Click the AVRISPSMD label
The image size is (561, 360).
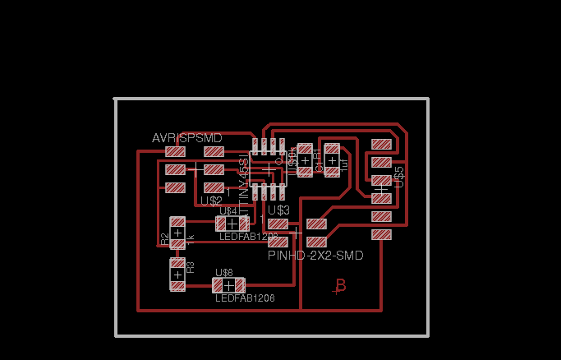pyautogui.click(x=186, y=137)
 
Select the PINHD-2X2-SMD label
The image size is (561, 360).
pyautogui.click(x=315, y=256)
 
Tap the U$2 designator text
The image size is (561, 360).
pyautogui.click(x=211, y=200)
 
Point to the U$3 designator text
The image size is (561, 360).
pyautogui.click(x=278, y=210)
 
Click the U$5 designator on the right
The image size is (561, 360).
pyautogui.click(x=400, y=174)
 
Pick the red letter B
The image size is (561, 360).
pyautogui.click(x=338, y=286)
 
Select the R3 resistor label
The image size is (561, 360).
pyautogui.click(x=191, y=267)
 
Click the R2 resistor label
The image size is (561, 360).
pyautogui.click(x=165, y=239)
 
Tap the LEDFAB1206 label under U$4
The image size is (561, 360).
pyautogui.click(x=249, y=236)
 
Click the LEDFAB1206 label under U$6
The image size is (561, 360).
pyautogui.click(x=245, y=298)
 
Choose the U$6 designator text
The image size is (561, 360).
pyautogui.click(x=224, y=273)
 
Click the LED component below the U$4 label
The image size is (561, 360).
pyautogui.click(x=232, y=223)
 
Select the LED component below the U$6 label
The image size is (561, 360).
pyautogui.click(x=228, y=285)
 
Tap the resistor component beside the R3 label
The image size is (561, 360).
pyautogui.click(x=177, y=275)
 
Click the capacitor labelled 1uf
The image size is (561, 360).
pyautogui.click(x=332, y=159)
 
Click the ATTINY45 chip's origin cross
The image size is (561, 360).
pyautogui.click(x=266, y=171)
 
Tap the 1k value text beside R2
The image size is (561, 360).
pyautogui.click(x=191, y=239)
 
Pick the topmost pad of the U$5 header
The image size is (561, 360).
pyautogui.click(x=381, y=144)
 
